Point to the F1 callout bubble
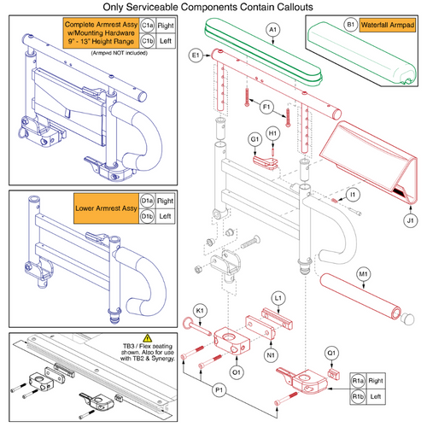[x=265, y=107]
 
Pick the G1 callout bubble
[x=254, y=139]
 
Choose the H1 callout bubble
[x=272, y=134]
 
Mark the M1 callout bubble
[x=389, y=273]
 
